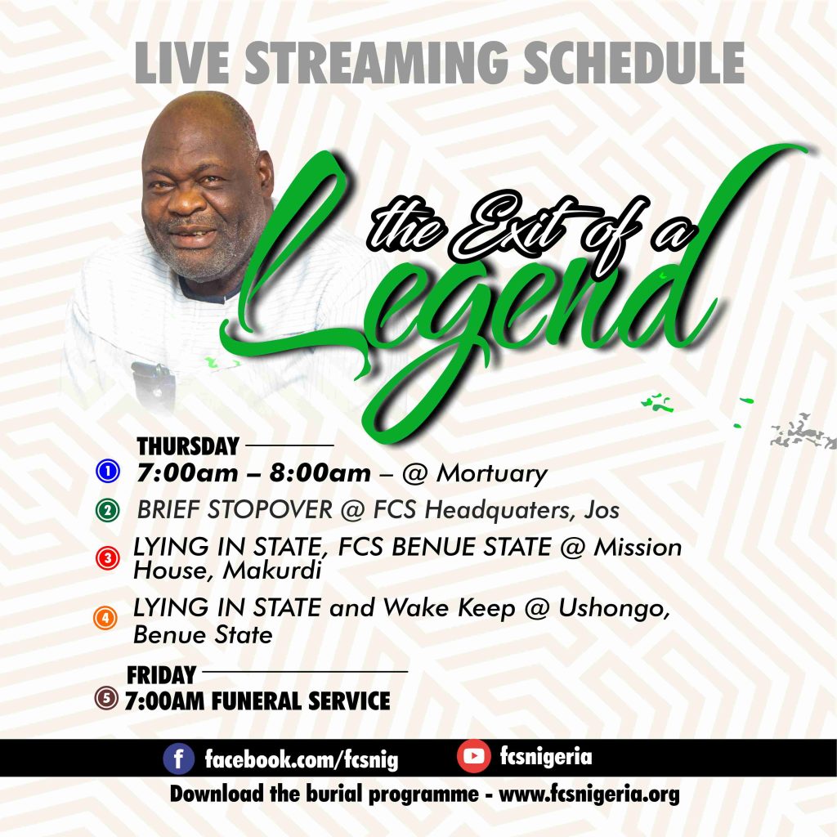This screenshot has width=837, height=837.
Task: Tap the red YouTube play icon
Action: click(x=473, y=756)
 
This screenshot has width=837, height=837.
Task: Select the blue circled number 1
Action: click(x=108, y=472)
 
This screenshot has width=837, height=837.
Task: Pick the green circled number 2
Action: click(x=107, y=510)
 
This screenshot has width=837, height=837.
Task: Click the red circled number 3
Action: click(x=107, y=557)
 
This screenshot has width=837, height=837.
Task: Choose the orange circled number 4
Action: click(x=105, y=618)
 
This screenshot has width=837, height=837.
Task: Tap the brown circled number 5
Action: click(x=106, y=698)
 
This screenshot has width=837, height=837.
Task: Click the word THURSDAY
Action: click(x=188, y=446)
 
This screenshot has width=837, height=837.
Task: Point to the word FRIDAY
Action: click(x=161, y=675)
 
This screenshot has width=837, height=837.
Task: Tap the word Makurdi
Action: click(x=271, y=571)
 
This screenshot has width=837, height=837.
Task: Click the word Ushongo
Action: click(x=614, y=609)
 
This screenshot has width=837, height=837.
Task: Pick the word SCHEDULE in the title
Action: click(x=633, y=62)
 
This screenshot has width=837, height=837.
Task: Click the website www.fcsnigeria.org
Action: click(x=589, y=794)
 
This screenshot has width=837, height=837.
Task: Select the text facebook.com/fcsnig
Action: click(x=302, y=759)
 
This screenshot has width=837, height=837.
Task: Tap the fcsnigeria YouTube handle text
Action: click(x=545, y=756)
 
